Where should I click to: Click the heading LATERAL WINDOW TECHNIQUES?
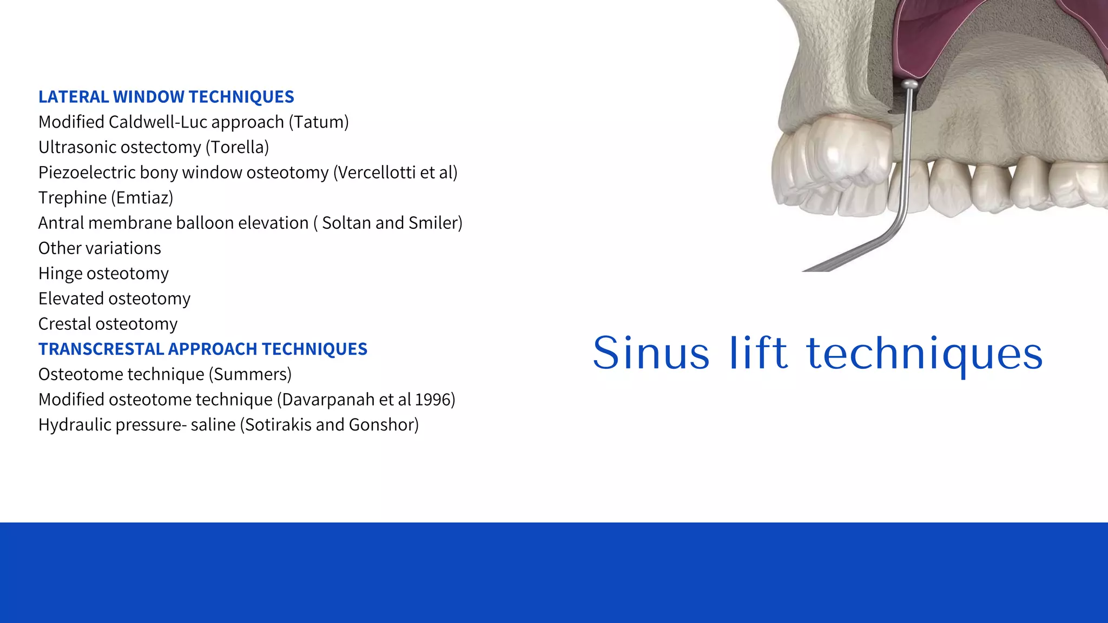[x=166, y=97]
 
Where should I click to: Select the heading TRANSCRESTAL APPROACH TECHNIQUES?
[x=203, y=349]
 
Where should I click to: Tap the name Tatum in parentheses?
[x=319, y=122]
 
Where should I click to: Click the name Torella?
[x=238, y=147]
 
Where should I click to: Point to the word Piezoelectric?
[x=87, y=173]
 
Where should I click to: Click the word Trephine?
[x=72, y=198]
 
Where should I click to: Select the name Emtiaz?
[x=142, y=198]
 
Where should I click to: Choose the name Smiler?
[x=433, y=223]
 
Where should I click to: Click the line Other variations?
[x=100, y=248]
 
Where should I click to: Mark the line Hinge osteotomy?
[x=103, y=274]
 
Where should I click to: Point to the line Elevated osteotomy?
[x=114, y=299]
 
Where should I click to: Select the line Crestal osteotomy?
[x=108, y=324]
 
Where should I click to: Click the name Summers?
[x=250, y=374]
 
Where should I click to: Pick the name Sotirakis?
[x=278, y=425]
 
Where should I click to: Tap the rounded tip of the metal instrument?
[x=910, y=84]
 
